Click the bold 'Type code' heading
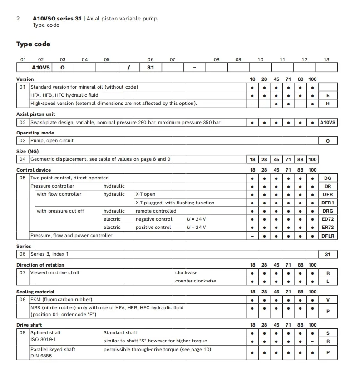(x=33, y=44)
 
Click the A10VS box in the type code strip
(x=40, y=67)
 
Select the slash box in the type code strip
(x=128, y=67)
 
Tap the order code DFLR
(x=328, y=236)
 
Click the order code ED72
(x=328, y=219)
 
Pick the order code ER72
(x=328, y=227)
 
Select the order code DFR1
(x=328, y=203)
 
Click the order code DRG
(x=328, y=211)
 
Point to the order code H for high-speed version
(x=328, y=104)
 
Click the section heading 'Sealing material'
(x=35, y=292)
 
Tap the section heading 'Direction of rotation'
(x=40, y=265)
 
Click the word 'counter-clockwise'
(x=195, y=281)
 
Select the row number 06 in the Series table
(x=23, y=254)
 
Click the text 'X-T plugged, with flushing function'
(x=175, y=203)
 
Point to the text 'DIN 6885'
(x=41, y=356)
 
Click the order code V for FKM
(x=328, y=300)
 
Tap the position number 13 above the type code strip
(x=326, y=59)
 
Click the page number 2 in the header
(x=18, y=19)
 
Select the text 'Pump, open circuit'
(x=52, y=140)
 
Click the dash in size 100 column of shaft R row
(x=312, y=341)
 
